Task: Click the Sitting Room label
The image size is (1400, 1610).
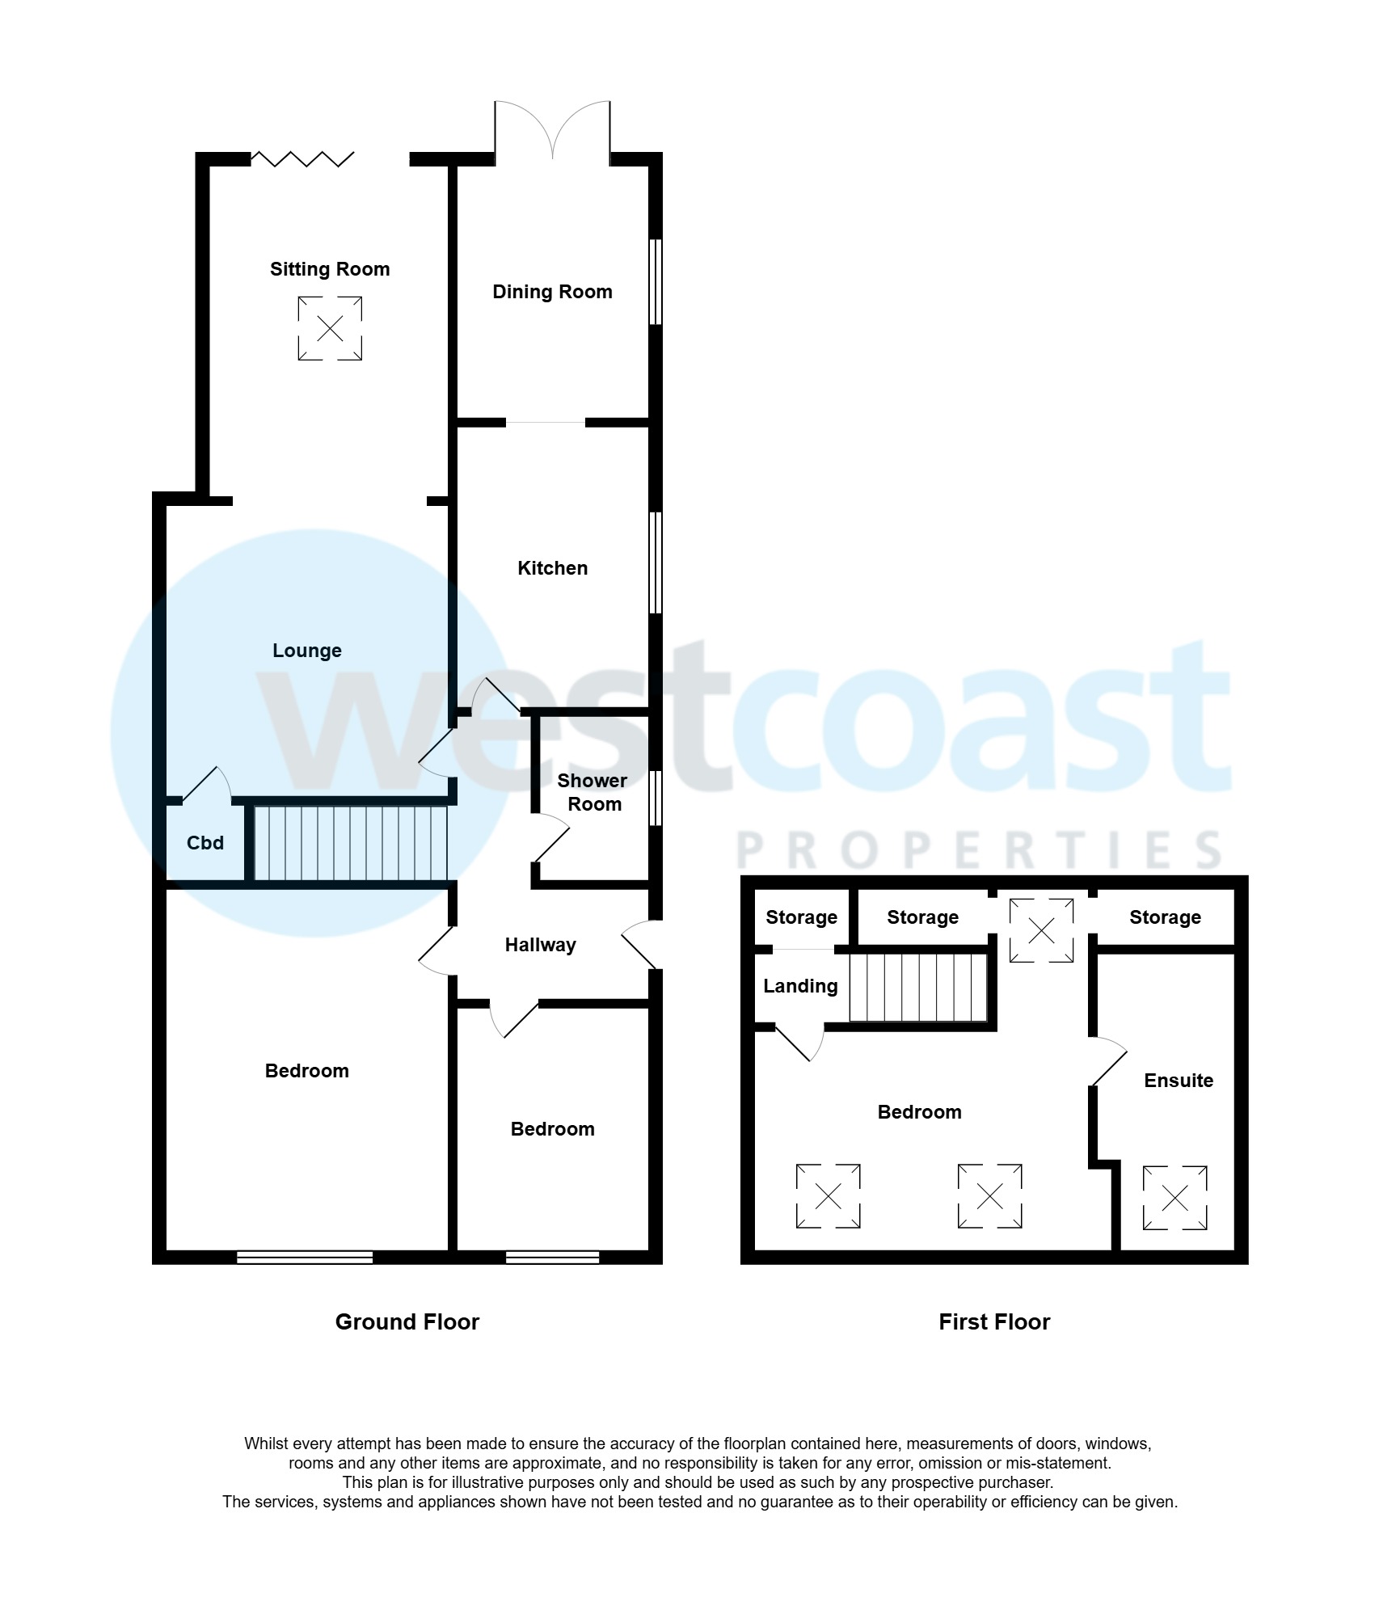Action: tap(330, 269)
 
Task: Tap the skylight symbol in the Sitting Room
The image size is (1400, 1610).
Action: tap(330, 328)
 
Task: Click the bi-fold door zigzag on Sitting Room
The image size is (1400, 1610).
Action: tap(302, 158)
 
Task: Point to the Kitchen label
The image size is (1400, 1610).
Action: tap(552, 568)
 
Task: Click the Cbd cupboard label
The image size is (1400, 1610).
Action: tap(205, 843)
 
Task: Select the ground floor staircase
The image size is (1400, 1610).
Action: tap(350, 842)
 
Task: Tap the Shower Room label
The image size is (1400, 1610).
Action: tap(592, 792)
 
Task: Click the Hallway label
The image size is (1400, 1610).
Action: tap(540, 945)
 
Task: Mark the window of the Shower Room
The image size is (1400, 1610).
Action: tap(656, 798)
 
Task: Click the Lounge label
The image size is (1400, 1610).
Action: tap(306, 651)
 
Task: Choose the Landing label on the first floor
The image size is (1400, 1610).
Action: tap(800, 986)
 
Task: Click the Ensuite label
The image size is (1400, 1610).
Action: tap(1178, 1081)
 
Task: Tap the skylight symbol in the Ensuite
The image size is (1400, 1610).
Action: tap(1174, 1198)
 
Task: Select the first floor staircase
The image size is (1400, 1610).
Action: tap(918, 988)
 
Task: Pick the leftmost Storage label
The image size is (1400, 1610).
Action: tap(801, 917)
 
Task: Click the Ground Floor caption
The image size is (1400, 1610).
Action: tap(407, 1321)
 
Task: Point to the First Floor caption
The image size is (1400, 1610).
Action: tap(993, 1321)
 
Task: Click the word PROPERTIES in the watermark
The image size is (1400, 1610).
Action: tap(979, 850)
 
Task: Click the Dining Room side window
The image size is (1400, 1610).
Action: tap(656, 281)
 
